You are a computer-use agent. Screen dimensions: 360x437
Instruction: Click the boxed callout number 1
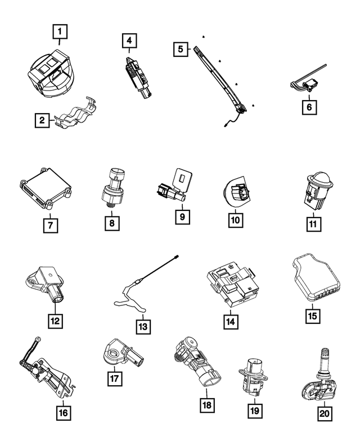pos(60,31)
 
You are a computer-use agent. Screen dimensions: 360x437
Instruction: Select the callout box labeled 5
pos(181,49)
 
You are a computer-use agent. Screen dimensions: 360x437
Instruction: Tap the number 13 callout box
pos(143,327)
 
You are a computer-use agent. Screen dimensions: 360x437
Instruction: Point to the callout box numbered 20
pos(325,413)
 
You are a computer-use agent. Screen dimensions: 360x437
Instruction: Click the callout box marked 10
pos(236,220)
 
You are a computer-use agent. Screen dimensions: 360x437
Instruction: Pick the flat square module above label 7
pos(46,188)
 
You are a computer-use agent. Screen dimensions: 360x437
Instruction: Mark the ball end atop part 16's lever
pos(38,339)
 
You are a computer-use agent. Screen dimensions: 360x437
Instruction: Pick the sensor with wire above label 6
pos(307,81)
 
